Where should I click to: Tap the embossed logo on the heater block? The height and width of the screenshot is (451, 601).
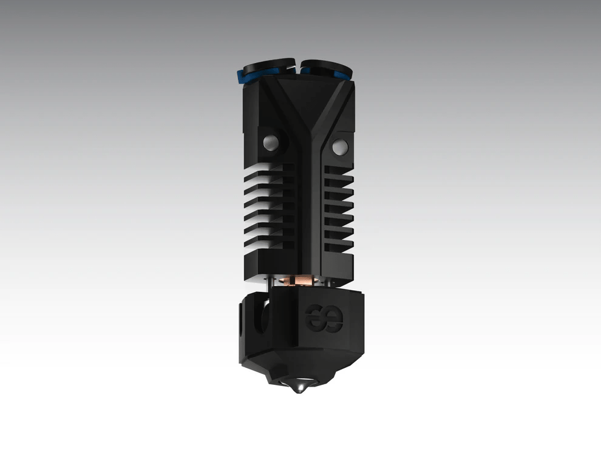(x=325, y=316)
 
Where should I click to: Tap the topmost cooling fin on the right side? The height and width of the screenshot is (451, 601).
(x=338, y=173)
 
